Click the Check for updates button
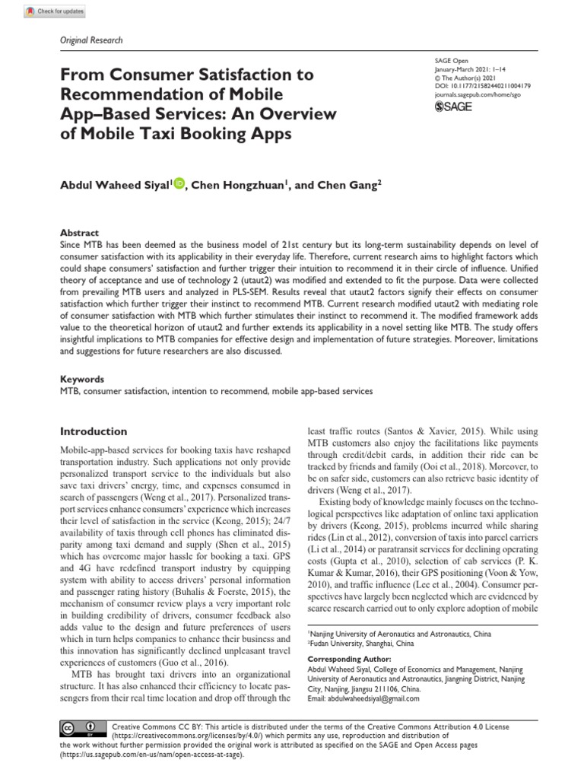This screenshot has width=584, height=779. [x=56, y=12]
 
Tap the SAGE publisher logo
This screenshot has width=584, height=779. [x=453, y=106]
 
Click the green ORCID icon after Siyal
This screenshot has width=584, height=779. [x=179, y=183]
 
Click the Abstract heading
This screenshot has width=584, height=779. [x=78, y=233]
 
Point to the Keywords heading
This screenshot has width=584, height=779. [x=82, y=379]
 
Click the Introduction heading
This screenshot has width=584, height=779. [x=94, y=431]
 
